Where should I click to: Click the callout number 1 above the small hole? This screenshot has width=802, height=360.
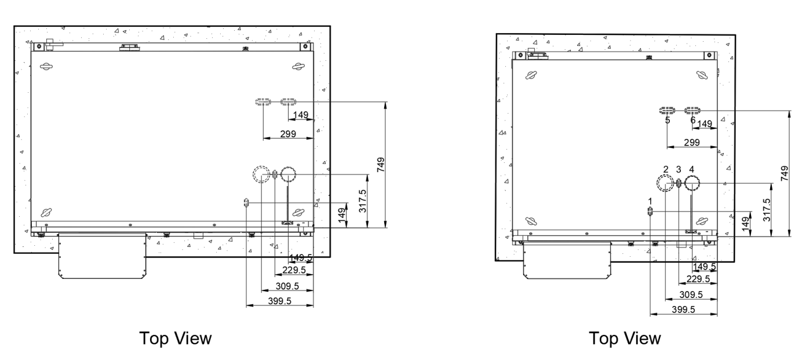click(650, 201)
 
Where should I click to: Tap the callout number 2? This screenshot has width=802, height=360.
click(666, 169)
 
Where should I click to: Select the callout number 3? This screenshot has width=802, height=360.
click(679, 169)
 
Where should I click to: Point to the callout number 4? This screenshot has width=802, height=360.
click(692, 169)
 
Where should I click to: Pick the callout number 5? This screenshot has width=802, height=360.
click(668, 121)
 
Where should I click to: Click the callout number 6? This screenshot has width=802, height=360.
click(692, 121)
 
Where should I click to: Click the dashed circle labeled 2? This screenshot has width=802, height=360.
click(665, 183)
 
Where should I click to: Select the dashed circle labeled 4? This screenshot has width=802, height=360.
click(692, 183)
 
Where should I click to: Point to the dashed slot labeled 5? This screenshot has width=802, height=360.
click(668, 110)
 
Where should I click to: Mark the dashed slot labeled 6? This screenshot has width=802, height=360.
click(693, 110)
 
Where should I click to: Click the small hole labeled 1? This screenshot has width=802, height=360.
click(650, 212)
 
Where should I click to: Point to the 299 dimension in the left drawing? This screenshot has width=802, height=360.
click(289, 134)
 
